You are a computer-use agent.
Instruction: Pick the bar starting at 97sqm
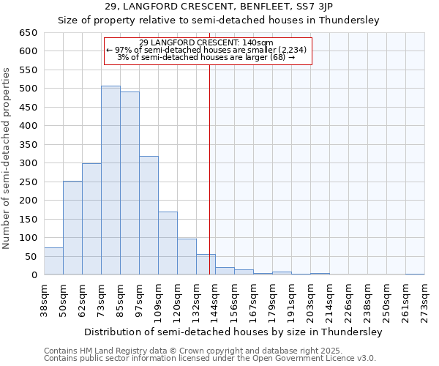[x=149, y=215]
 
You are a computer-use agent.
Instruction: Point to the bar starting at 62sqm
[x=91, y=219]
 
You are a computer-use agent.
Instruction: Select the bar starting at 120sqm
[x=187, y=257]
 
